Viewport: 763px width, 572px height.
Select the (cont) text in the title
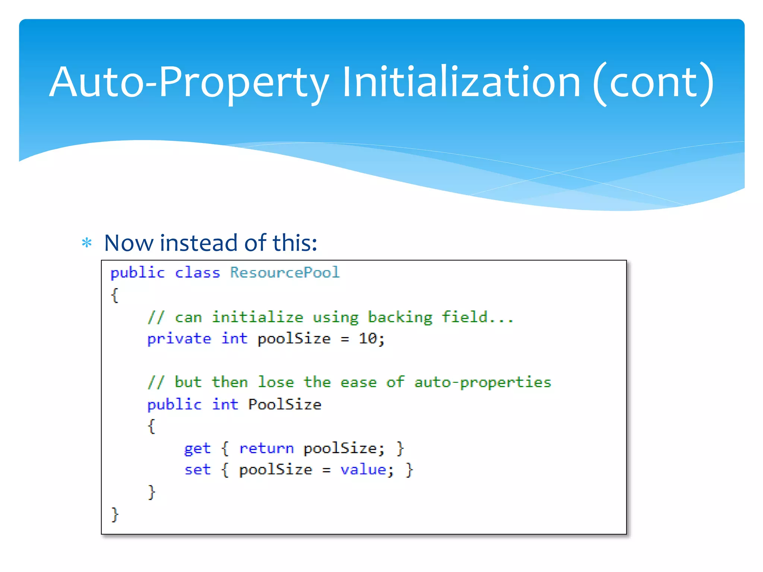click(x=653, y=83)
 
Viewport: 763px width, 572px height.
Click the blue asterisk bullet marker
click(x=87, y=244)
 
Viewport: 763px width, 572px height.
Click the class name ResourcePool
click(x=285, y=273)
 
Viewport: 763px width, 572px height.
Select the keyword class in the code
click(x=197, y=273)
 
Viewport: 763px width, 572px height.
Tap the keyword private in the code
click(x=179, y=339)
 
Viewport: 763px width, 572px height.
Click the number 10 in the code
click(x=368, y=339)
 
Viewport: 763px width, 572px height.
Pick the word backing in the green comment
click(x=400, y=317)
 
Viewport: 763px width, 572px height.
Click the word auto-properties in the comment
click(x=482, y=382)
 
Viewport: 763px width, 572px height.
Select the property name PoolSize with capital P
click(x=285, y=404)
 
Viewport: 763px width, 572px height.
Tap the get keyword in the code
click(x=197, y=448)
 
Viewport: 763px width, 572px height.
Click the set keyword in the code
click(x=197, y=470)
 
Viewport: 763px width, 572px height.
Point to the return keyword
click(x=266, y=448)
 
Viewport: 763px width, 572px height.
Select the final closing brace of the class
click(x=115, y=515)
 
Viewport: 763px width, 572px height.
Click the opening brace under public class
click(x=115, y=295)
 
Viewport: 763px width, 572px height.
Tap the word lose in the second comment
click(x=276, y=382)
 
